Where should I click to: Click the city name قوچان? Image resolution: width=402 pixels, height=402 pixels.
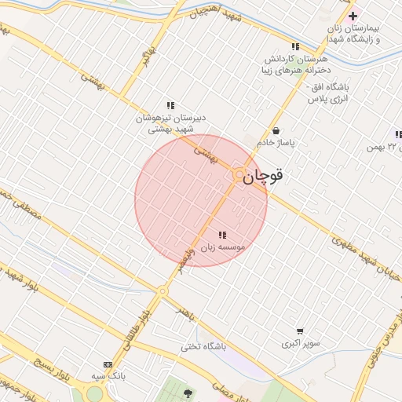(x=263, y=177)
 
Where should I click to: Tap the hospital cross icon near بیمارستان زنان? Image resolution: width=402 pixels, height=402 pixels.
(x=353, y=16)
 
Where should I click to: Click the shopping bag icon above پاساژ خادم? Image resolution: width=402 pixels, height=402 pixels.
(x=276, y=130)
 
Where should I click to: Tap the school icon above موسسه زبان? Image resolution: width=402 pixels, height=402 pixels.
(x=222, y=235)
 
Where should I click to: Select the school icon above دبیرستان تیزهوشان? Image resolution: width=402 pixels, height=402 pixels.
(x=170, y=105)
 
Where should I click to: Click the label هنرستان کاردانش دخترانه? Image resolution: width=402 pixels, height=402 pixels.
(x=294, y=64)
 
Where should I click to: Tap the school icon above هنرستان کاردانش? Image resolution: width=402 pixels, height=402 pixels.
(x=295, y=46)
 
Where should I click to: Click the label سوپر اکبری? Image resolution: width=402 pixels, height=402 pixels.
(x=300, y=344)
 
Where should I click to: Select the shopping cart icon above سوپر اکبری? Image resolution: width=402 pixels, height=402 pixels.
(x=300, y=331)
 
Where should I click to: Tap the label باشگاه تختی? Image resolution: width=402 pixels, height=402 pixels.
(x=203, y=346)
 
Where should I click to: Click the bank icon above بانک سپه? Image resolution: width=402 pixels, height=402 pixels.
(x=108, y=365)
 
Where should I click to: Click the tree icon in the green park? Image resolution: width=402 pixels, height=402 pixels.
(x=187, y=392)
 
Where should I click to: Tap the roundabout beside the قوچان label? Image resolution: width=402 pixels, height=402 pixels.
(x=238, y=176)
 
